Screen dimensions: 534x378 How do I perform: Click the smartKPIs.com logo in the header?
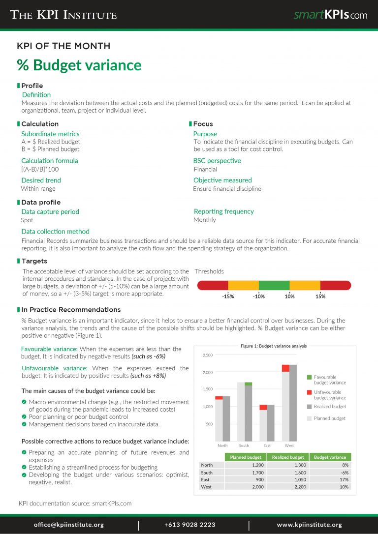[x=330, y=15]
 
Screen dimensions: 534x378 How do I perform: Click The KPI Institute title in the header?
[x=63, y=15]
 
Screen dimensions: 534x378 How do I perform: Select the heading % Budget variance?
[x=79, y=65]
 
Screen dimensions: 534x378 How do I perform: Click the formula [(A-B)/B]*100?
[x=40, y=169]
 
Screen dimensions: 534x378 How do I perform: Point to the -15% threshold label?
[x=228, y=297]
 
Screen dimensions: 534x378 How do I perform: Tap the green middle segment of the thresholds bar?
[x=274, y=285]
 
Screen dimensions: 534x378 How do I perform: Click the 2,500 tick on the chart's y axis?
[x=208, y=355]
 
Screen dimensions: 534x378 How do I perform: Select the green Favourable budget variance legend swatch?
[x=310, y=377]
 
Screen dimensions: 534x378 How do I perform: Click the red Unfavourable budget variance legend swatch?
[x=310, y=392]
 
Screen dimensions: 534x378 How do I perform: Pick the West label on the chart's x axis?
[x=289, y=445]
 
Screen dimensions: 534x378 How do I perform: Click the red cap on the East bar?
[x=263, y=407]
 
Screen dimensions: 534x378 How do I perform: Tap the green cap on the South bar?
[x=248, y=384]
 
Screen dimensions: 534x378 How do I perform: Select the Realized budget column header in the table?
[x=288, y=457]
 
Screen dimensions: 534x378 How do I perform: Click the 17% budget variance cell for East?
[x=344, y=479]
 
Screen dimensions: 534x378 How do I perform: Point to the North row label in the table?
[x=207, y=465]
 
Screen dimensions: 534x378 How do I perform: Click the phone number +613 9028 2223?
[x=189, y=525]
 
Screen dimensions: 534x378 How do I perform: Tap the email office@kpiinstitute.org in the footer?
[x=69, y=525]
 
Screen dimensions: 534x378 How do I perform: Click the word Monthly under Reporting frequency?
[x=205, y=220]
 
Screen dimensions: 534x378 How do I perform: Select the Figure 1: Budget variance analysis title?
[x=273, y=346]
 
